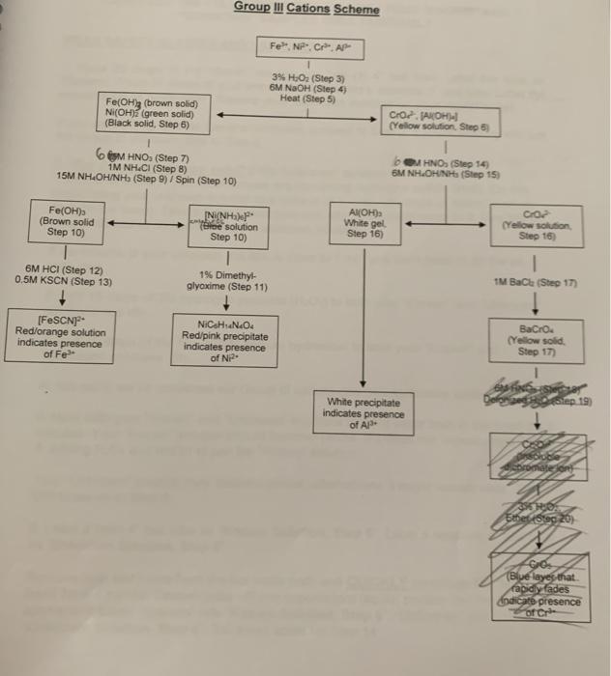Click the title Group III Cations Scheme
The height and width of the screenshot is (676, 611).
pyautogui.click(x=305, y=10)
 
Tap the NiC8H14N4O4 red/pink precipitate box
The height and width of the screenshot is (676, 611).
pyautogui.click(x=224, y=339)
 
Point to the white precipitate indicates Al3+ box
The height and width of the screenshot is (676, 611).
pyautogui.click(x=363, y=413)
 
